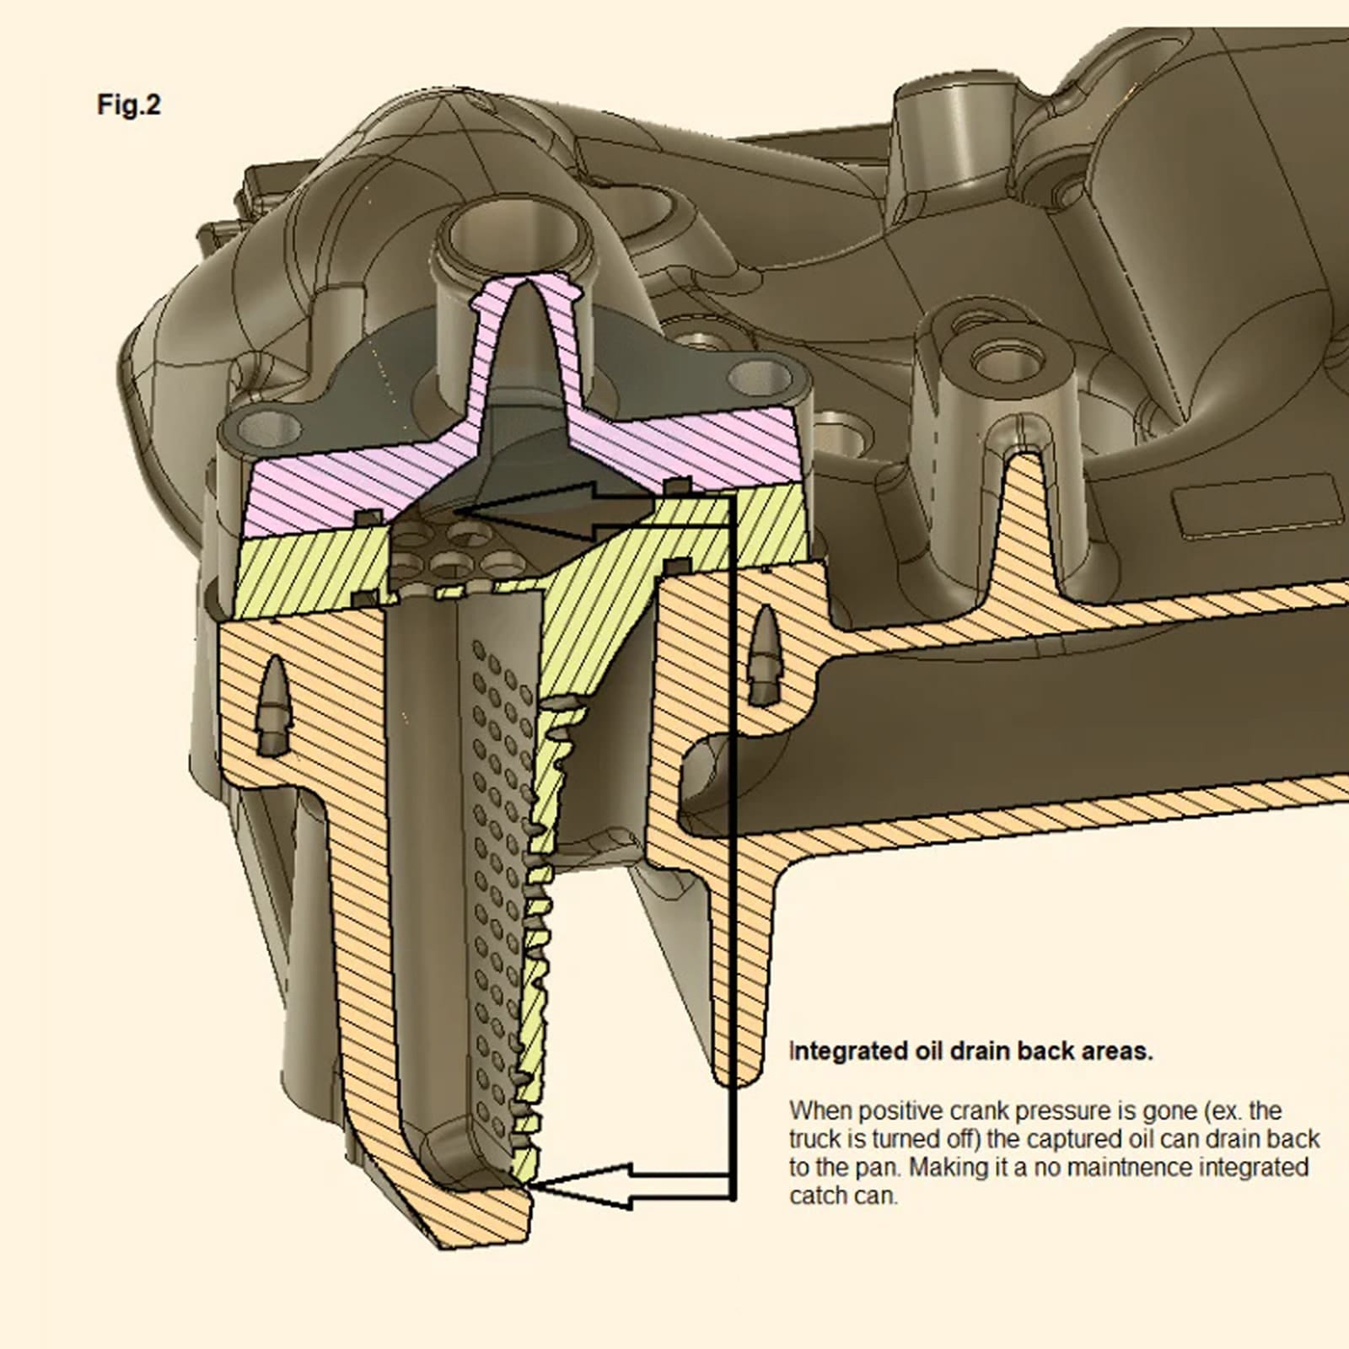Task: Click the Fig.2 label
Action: [x=128, y=105]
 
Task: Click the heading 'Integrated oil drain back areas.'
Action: [x=970, y=1051]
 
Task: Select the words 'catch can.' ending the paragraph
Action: [x=843, y=1196]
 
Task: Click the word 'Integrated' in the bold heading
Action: [x=848, y=1051]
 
